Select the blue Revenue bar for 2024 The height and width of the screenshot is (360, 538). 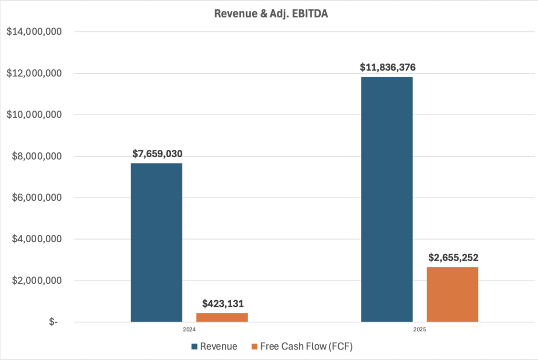(x=157, y=242)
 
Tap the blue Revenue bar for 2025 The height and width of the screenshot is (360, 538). (x=387, y=199)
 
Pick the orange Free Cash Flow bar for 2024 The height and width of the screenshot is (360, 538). (x=221, y=317)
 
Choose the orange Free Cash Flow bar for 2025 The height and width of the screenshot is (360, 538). (x=452, y=294)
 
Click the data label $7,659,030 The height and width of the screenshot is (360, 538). (x=157, y=154)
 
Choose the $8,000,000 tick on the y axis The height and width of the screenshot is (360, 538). (x=36, y=156)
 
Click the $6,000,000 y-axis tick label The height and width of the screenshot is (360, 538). (x=36, y=198)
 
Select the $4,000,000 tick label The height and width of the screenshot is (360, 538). (x=36, y=239)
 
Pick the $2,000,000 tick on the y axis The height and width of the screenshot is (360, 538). (x=36, y=281)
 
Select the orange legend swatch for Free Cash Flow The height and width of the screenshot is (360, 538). (x=255, y=347)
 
